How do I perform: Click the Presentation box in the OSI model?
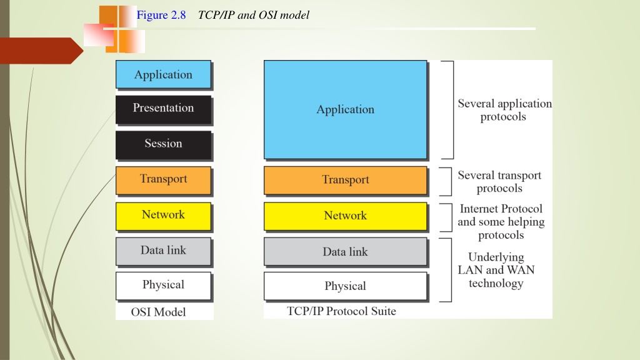[x=163, y=109]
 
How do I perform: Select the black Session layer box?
[x=163, y=145]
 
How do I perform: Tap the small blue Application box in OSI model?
[x=163, y=74]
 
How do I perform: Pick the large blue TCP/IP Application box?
[x=345, y=109]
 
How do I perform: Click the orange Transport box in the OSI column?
[x=163, y=181]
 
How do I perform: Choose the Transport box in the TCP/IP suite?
[x=345, y=181]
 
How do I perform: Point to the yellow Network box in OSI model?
[x=163, y=216]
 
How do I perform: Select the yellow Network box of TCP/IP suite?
[x=345, y=216]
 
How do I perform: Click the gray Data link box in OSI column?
[x=163, y=251]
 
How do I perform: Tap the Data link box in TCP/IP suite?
[x=345, y=251]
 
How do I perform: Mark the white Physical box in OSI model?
[x=163, y=286]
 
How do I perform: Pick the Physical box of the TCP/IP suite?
[x=345, y=286]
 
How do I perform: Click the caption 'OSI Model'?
[x=158, y=312]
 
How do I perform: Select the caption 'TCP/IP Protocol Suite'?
[x=341, y=311]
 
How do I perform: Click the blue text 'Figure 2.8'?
[x=161, y=15]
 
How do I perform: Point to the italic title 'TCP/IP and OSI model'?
[x=254, y=15]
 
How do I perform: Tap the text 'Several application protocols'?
[x=504, y=110]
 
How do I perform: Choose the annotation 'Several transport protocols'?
[x=499, y=182]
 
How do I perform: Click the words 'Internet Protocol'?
[x=501, y=209]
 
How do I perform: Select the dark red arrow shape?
[x=41, y=51]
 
